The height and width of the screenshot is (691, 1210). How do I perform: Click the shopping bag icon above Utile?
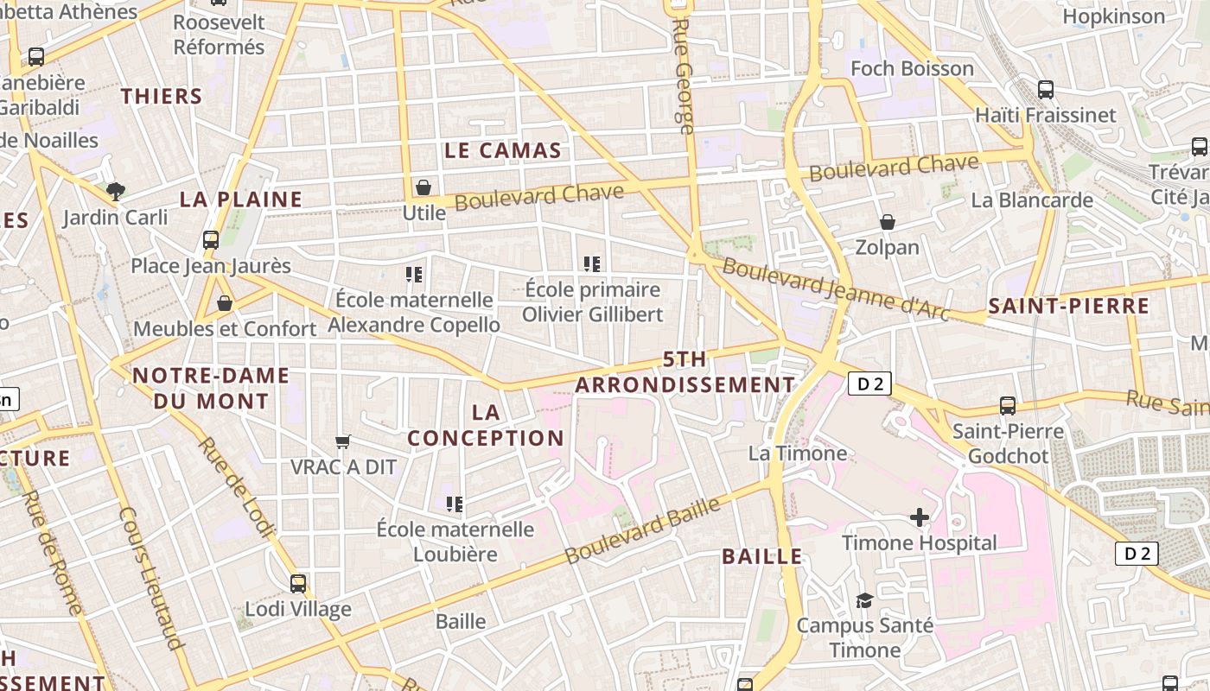point(423,187)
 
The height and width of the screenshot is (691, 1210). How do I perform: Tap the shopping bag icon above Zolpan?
point(887,223)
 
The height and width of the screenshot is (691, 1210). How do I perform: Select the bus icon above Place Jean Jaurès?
point(210,240)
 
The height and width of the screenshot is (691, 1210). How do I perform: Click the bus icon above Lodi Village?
point(298,584)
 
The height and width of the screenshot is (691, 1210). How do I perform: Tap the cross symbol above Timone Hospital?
point(920,517)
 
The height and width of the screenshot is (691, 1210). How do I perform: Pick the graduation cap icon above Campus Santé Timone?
point(863,600)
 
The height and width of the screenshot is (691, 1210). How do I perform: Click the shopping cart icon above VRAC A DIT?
point(343,442)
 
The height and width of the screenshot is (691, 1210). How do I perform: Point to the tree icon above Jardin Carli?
point(115,191)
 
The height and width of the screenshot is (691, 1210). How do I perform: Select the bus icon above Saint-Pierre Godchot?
point(1007,406)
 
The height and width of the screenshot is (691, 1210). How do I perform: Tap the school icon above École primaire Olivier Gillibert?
point(592,264)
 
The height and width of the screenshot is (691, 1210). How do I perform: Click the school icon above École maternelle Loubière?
point(455,504)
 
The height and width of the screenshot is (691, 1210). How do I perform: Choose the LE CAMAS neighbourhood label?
point(503,150)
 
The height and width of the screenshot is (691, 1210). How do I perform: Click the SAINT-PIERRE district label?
point(1068,306)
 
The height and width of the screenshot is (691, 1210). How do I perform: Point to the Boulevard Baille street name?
point(643,530)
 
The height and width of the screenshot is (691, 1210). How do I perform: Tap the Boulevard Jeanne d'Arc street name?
point(835,289)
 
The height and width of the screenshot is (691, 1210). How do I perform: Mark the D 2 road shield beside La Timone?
point(869,384)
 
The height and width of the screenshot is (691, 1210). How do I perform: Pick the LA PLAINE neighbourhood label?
point(241,200)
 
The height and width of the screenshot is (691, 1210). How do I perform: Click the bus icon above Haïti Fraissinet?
point(1045,89)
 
